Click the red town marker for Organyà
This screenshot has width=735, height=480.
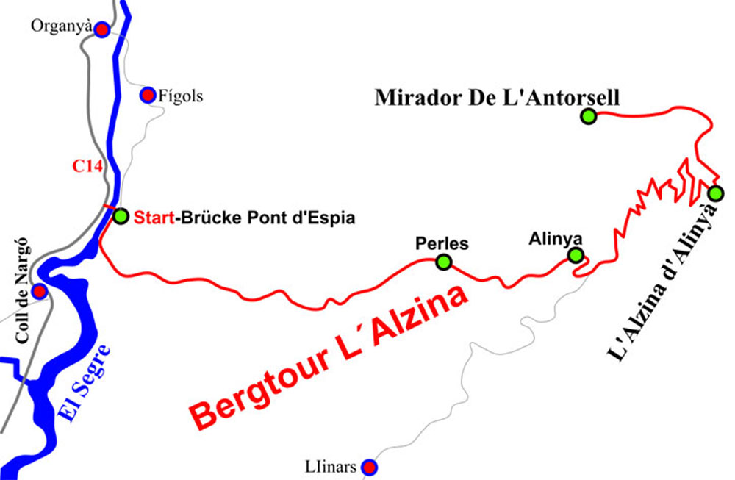pos(102,29)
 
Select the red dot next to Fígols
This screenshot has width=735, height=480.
pos(148,95)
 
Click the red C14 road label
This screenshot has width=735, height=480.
pos(87,166)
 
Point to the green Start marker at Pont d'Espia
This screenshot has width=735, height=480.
pos(121,217)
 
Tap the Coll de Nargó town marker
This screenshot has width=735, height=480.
pos(40,291)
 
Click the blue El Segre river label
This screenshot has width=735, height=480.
pos(87,383)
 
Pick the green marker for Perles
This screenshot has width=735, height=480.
pos(443,262)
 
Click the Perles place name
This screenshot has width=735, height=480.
pos(442,243)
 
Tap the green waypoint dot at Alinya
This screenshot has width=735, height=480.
pos(576,255)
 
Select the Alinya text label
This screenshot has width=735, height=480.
pos(556,238)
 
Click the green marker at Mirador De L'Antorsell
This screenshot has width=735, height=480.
pos(588,115)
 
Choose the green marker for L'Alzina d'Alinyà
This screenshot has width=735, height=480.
pos(715,194)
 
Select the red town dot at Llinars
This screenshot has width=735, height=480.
pos(370,467)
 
